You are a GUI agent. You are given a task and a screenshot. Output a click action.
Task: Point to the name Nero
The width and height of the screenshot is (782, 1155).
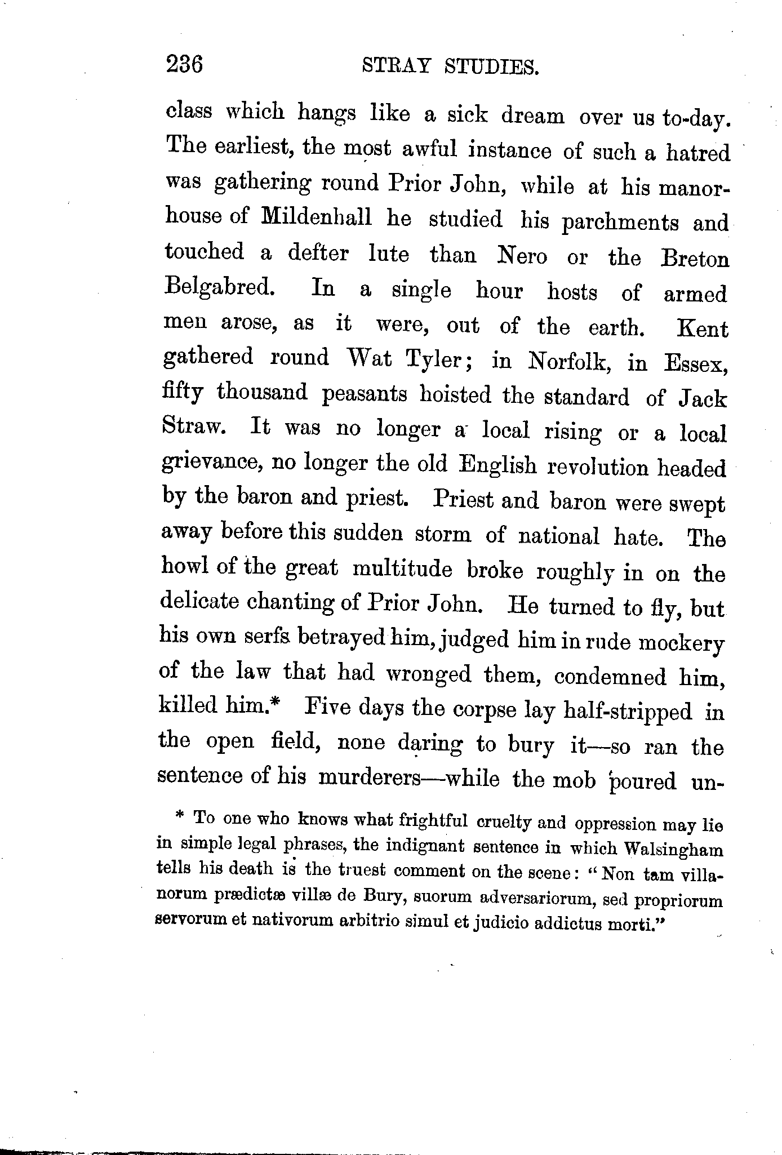click(522, 256)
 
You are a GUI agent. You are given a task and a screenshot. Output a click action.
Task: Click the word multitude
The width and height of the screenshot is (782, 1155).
click(402, 569)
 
